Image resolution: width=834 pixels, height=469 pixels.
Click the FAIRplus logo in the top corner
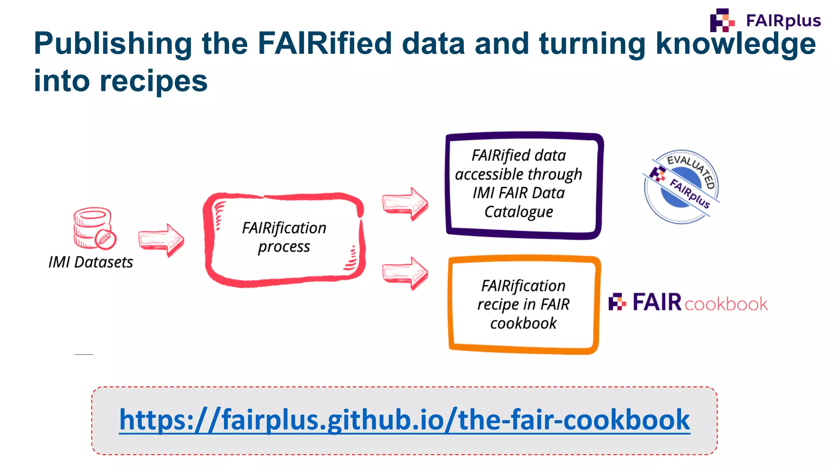(x=765, y=20)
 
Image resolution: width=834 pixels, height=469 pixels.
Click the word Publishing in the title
(x=112, y=44)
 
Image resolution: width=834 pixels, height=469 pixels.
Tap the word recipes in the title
(x=154, y=81)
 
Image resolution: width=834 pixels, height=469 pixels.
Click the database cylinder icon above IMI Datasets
(x=93, y=227)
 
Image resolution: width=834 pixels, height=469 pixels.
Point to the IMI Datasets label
(x=91, y=262)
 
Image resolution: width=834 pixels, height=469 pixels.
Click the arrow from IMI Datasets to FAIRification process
(x=161, y=240)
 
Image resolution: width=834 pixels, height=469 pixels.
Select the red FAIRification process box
(x=284, y=239)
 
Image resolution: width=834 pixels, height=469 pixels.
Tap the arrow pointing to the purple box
(x=405, y=204)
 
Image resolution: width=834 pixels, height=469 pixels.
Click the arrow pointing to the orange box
(x=405, y=273)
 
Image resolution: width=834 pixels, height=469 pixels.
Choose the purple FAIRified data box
(x=524, y=185)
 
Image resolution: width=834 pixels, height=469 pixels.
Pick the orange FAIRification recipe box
(x=524, y=305)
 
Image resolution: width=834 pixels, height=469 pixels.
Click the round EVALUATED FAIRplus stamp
(x=681, y=186)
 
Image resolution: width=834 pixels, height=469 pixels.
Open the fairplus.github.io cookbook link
(x=404, y=420)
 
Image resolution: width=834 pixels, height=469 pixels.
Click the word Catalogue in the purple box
(x=519, y=212)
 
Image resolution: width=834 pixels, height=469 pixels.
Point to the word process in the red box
(x=284, y=247)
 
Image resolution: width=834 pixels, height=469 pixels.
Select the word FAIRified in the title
(x=325, y=44)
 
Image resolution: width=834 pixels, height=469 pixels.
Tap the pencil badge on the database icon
(x=105, y=239)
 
